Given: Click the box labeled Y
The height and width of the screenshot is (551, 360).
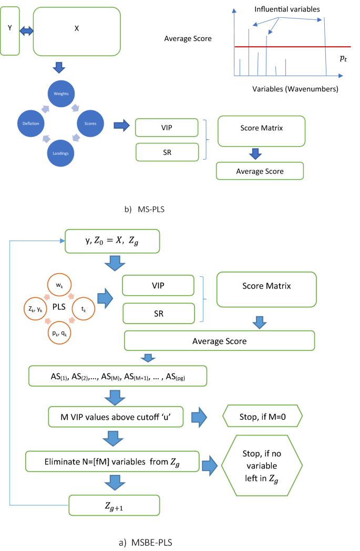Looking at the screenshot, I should tap(10, 30).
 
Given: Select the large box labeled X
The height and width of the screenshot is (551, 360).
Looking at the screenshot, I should tap(77, 31).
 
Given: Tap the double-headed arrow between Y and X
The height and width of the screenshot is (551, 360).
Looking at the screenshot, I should tap(26, 31).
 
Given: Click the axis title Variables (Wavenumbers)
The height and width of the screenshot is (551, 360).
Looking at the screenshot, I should tap(295, 89).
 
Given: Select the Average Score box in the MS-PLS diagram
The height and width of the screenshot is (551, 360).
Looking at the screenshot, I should tap(260, 171).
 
